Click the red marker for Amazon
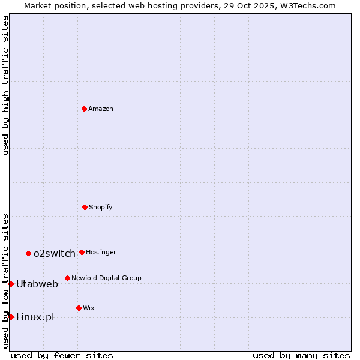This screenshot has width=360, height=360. coord(84,109)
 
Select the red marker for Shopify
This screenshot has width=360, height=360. coord(85,207)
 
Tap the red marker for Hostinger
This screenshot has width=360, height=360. coord(82,252)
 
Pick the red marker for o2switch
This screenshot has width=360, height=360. coord(28,253)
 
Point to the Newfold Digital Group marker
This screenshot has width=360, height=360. coord(67,278)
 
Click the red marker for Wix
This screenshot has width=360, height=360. coord(79,308)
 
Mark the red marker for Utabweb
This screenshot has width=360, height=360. coord(11,284)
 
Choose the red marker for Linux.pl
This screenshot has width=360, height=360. coord(11,317)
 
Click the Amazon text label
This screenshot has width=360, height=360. coord(101,109)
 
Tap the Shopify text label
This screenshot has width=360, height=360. coord(101,207)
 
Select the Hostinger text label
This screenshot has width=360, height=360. coord(101,252)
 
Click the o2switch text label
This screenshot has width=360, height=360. coord(55,253)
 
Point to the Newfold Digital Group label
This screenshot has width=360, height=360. coord(106,278)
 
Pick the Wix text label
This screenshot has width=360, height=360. coord(89,308)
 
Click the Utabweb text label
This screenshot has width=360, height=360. coord(37,284)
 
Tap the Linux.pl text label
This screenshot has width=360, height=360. coord(35,317)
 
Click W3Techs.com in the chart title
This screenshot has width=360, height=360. coord(307,5)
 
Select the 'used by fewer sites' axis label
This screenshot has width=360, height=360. coord(62,355)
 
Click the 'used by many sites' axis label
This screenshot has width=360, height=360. coord(301,355)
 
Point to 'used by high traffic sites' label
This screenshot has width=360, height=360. coord(5,85)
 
